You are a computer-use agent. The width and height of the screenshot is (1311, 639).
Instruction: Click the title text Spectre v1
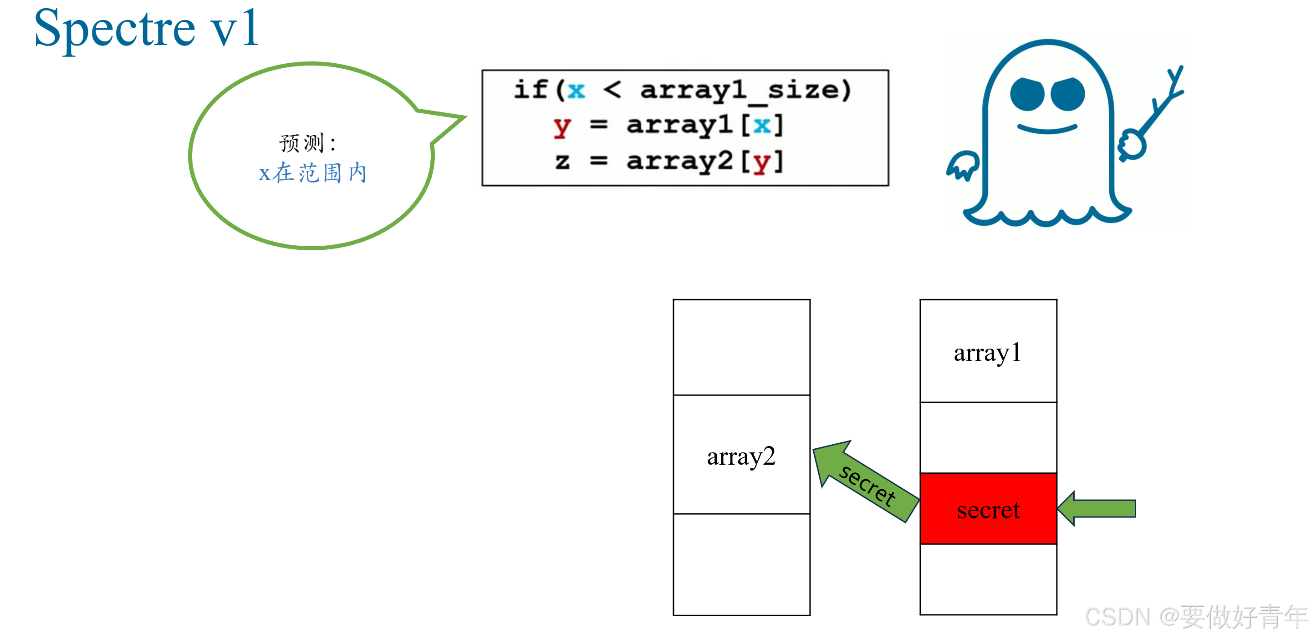146,29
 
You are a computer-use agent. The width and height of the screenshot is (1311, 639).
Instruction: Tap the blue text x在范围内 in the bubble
312,173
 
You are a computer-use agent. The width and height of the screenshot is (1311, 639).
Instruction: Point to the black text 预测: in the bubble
307,143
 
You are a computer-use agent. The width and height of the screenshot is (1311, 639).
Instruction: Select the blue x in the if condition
576,91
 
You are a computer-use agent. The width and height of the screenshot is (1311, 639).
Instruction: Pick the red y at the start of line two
562,126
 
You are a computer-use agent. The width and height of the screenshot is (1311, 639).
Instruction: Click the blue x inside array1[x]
762,125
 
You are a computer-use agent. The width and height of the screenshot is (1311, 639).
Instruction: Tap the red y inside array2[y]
761,162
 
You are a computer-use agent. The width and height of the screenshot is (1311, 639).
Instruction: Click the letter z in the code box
562,161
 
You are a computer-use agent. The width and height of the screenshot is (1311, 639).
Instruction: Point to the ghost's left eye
1027,94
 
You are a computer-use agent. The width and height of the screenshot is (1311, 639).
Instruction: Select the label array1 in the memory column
987,353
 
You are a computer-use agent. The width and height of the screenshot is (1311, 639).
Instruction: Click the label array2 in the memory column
741,456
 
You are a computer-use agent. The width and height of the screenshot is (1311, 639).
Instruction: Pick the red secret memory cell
988,509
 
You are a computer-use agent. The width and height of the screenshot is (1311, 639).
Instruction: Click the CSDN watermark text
1196,617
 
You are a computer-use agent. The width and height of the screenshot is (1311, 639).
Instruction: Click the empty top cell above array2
741,347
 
